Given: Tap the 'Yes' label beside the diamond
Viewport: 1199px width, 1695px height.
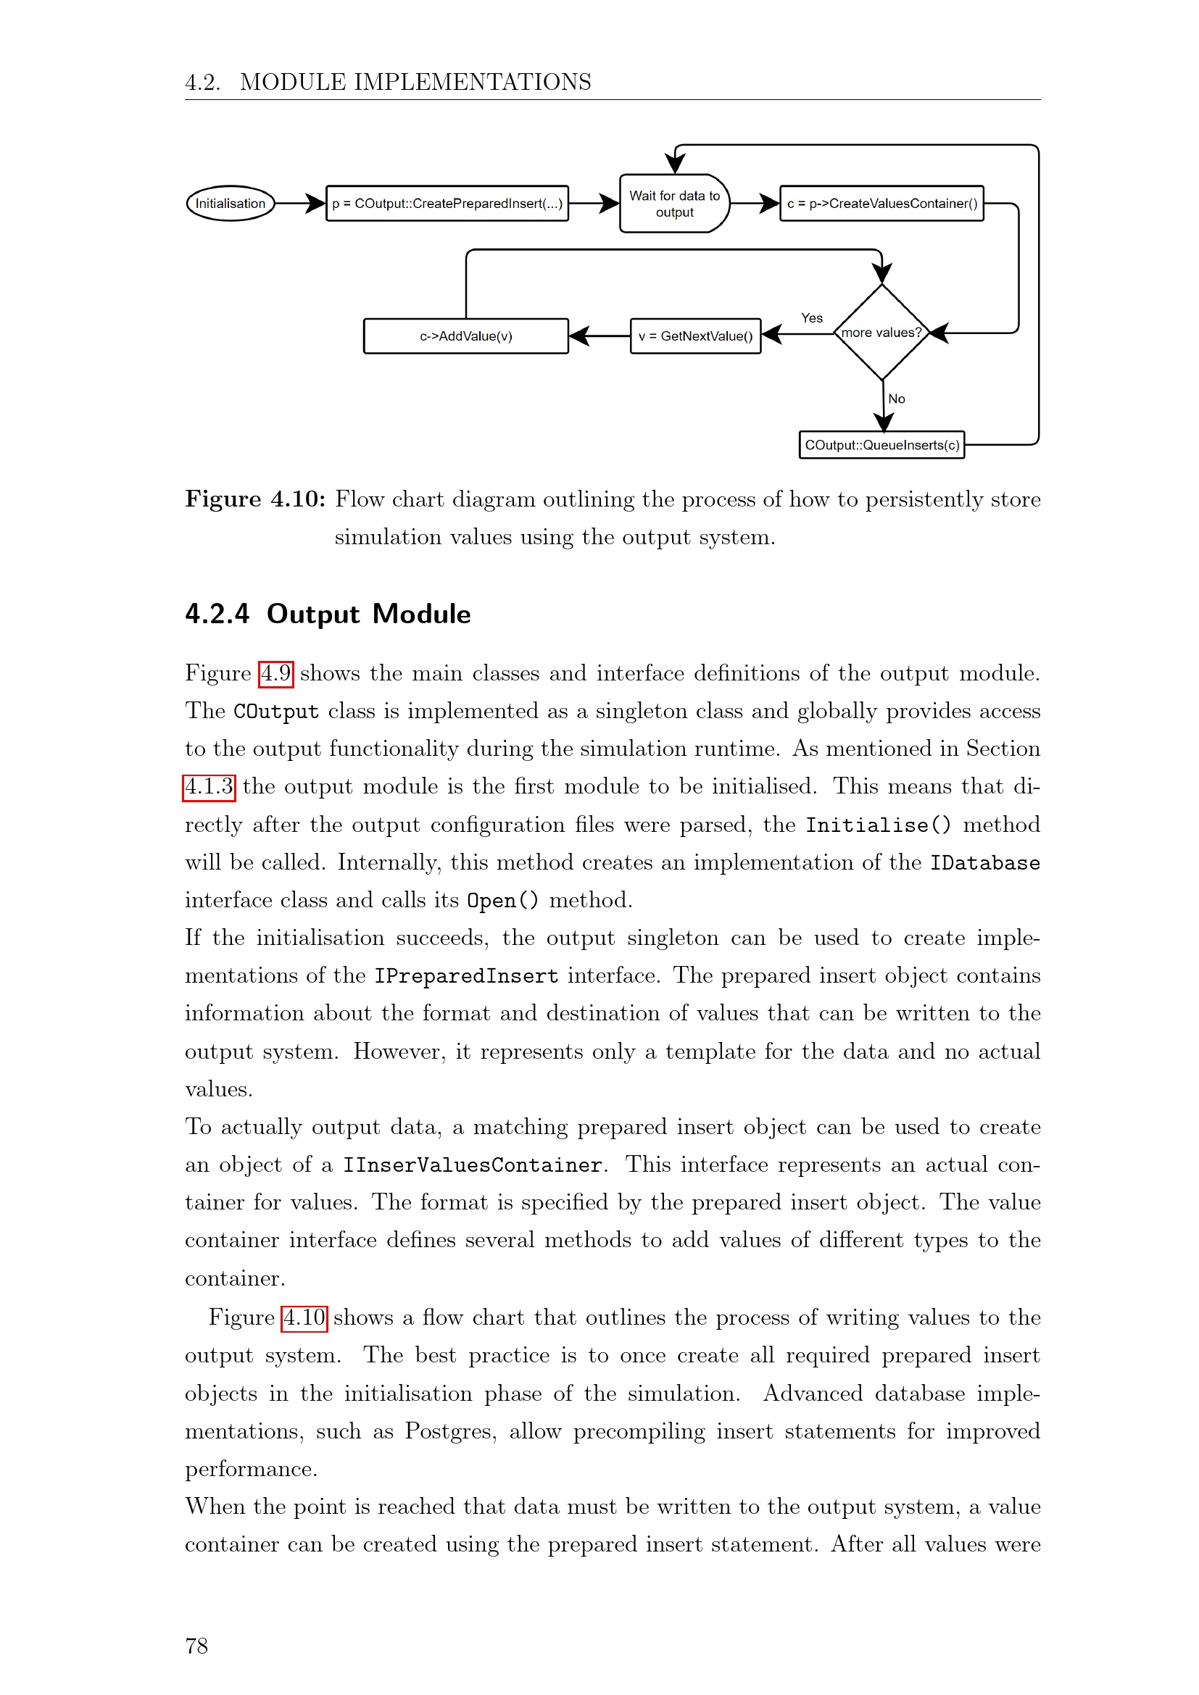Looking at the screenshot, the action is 812,318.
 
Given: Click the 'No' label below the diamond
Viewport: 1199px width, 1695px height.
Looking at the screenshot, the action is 896,399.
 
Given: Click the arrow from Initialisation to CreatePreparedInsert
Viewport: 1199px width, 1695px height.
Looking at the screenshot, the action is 301,203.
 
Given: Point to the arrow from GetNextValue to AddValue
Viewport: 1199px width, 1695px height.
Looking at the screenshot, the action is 599,336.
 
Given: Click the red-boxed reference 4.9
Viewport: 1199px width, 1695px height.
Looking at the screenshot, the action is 276,673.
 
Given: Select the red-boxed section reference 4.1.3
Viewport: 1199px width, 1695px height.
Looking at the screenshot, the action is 209,786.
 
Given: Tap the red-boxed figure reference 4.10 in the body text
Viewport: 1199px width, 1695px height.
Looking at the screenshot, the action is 304,1317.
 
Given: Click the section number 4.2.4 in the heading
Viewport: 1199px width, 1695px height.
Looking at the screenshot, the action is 217,615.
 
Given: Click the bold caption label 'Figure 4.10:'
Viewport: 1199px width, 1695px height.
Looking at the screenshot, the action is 255,499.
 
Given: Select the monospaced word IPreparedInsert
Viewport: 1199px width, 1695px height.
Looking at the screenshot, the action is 466,976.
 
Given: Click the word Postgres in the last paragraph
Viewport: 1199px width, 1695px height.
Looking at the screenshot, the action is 450,1431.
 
